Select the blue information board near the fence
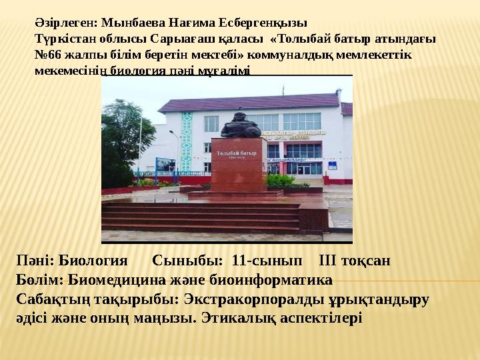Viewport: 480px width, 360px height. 165,165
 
